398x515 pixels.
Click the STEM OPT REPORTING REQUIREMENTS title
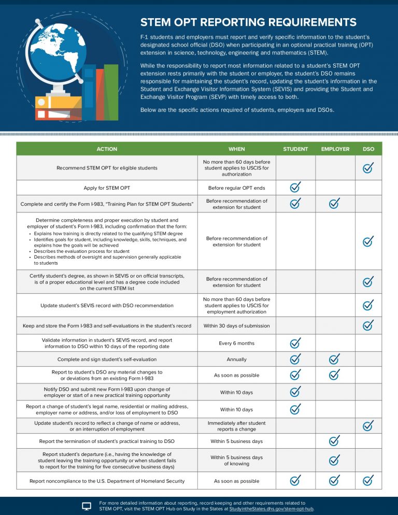pos(248,22)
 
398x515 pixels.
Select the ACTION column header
pos(107,149)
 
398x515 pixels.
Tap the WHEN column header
pos(237,149)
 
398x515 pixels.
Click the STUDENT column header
pos(295,149)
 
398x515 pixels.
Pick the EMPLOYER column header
pos(335,149)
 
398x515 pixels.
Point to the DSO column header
pos(368,149)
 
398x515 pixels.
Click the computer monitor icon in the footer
pos(87,506)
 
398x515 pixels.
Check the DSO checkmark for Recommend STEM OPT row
pos(368,168)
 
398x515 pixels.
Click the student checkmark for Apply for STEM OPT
pos(295,187)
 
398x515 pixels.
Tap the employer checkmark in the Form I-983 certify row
pos(335,204)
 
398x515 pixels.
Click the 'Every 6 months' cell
pos(237,343)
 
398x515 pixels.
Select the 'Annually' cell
pos(237,359)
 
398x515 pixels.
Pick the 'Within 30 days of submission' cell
pos(237,325)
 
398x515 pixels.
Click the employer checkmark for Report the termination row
pos(335,441)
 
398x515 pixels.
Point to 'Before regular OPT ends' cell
pos(237,188)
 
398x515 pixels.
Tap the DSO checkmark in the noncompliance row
pos(368,481)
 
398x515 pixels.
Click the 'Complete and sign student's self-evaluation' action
pos(107,359)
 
